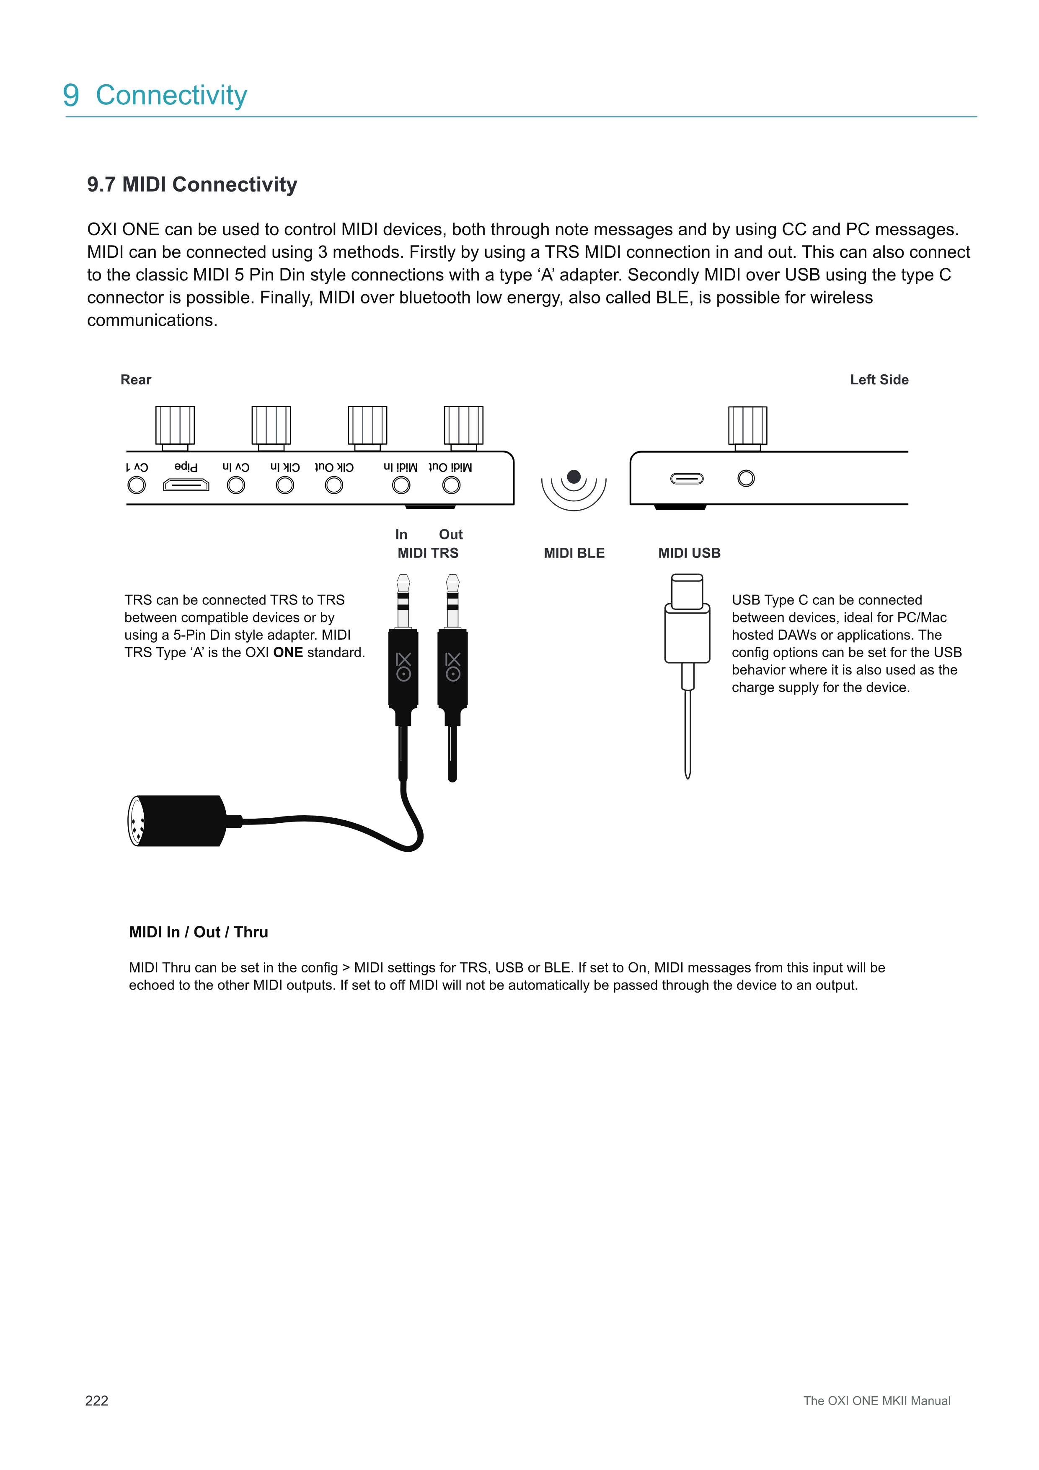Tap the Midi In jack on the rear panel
click(x=401, y=485)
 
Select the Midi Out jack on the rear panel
click(x=451, y=485)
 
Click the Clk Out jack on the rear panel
click(x=334, y=485)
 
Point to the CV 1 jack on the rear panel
click(x=136, y=485)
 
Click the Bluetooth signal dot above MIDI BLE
click(x=574, y=476)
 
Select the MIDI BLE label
click(x=574, y=553)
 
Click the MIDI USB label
click(x=689, y=553)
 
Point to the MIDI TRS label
click(x=428, y=553)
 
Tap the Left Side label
click(x=879, y=380)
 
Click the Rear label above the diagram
click(x=136, y=380)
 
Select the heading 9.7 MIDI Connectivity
click(x=192, y=184)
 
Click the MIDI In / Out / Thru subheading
click(x=198, y=932)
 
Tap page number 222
click(x=97, y=1401)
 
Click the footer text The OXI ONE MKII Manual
click(x=876, y=1401)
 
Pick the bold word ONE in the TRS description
click(x=288, y=652)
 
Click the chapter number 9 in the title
click(x=71, y=96)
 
